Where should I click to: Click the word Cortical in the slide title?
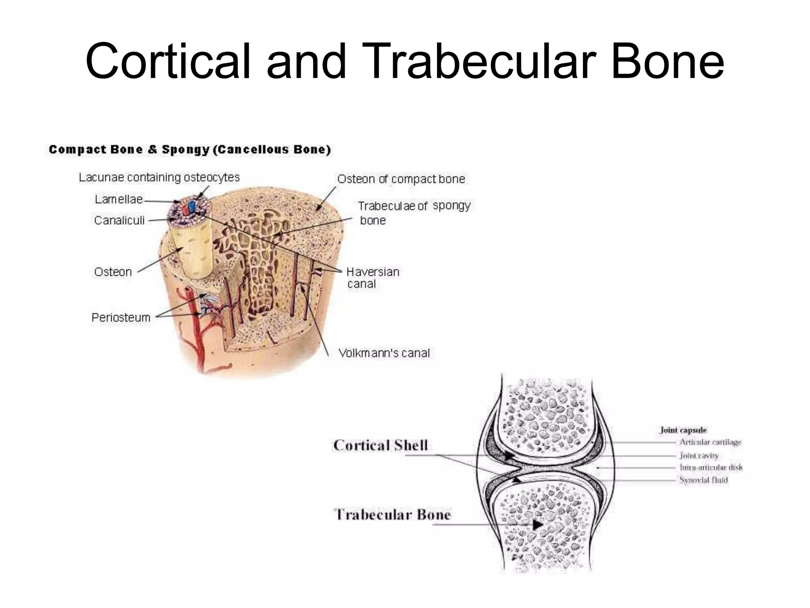point(168,61)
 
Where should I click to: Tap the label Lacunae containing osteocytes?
point(159,177)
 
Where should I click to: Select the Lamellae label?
point(118,199)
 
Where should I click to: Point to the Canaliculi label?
point(119,220)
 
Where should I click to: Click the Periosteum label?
point(121,317)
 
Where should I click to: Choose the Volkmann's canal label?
point(384,353)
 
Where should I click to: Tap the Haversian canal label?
point(372,277)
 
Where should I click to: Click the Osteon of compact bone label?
point(401,179)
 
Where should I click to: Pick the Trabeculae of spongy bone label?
point(413,213)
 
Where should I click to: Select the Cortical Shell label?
point(380,445)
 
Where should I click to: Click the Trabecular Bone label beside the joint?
point(392,515)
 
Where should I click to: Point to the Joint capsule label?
point(683,430)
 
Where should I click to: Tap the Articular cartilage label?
point(710,442)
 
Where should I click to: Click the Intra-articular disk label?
point(711,467)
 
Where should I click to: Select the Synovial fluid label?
point(704,480)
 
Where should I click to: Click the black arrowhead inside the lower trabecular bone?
point(537,525)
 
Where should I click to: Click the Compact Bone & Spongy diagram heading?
point(189,150)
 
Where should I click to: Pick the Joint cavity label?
point(699,455)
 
